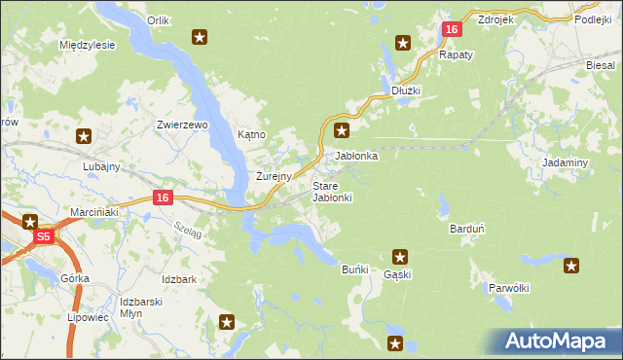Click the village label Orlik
coord(158,19)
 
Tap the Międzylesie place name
coord(88,46)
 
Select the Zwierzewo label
coord(183,125)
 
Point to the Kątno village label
coord(251,134)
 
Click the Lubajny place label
coord(101,166)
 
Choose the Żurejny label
coord(274,177)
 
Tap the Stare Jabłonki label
coord(332,192)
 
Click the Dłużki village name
coord(405,90)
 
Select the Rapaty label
coord(456,55)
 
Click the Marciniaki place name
coord(93,211)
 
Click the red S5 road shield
coord(43,236)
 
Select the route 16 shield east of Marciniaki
coord(163,198)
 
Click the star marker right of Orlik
coord(200,38)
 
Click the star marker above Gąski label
coord(399,257)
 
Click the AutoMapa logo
coord(558,342)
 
